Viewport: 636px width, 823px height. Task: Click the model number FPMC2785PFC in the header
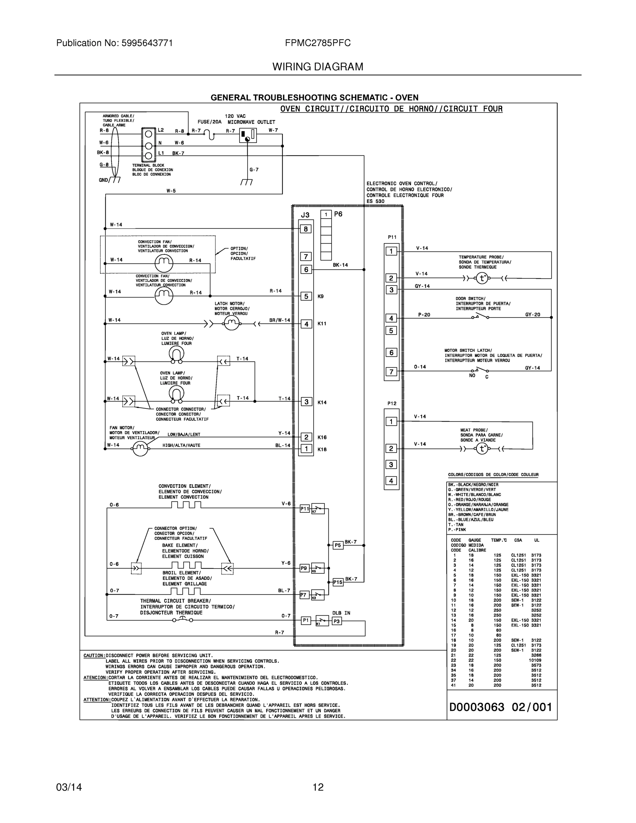click(317, 43)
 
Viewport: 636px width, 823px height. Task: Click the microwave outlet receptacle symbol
click(248, 135)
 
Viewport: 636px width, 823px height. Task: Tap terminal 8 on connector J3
click(305, 229)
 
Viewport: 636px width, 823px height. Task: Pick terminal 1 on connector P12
click(391, 421)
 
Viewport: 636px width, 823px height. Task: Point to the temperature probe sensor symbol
click(482, 278)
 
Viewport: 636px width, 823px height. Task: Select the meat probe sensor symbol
click(482, 449)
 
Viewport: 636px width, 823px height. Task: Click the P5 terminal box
click(338, 545)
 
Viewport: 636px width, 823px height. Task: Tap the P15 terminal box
click(338, 582)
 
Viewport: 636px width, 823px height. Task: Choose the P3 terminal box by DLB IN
click(336, 621)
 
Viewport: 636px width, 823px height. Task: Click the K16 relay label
click(322, 438)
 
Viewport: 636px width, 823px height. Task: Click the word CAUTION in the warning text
click(94, 656)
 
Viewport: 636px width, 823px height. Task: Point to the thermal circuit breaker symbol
click(183, 620)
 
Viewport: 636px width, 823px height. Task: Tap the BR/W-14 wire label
click(279, 320)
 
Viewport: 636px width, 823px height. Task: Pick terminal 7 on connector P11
click(391, 372)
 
